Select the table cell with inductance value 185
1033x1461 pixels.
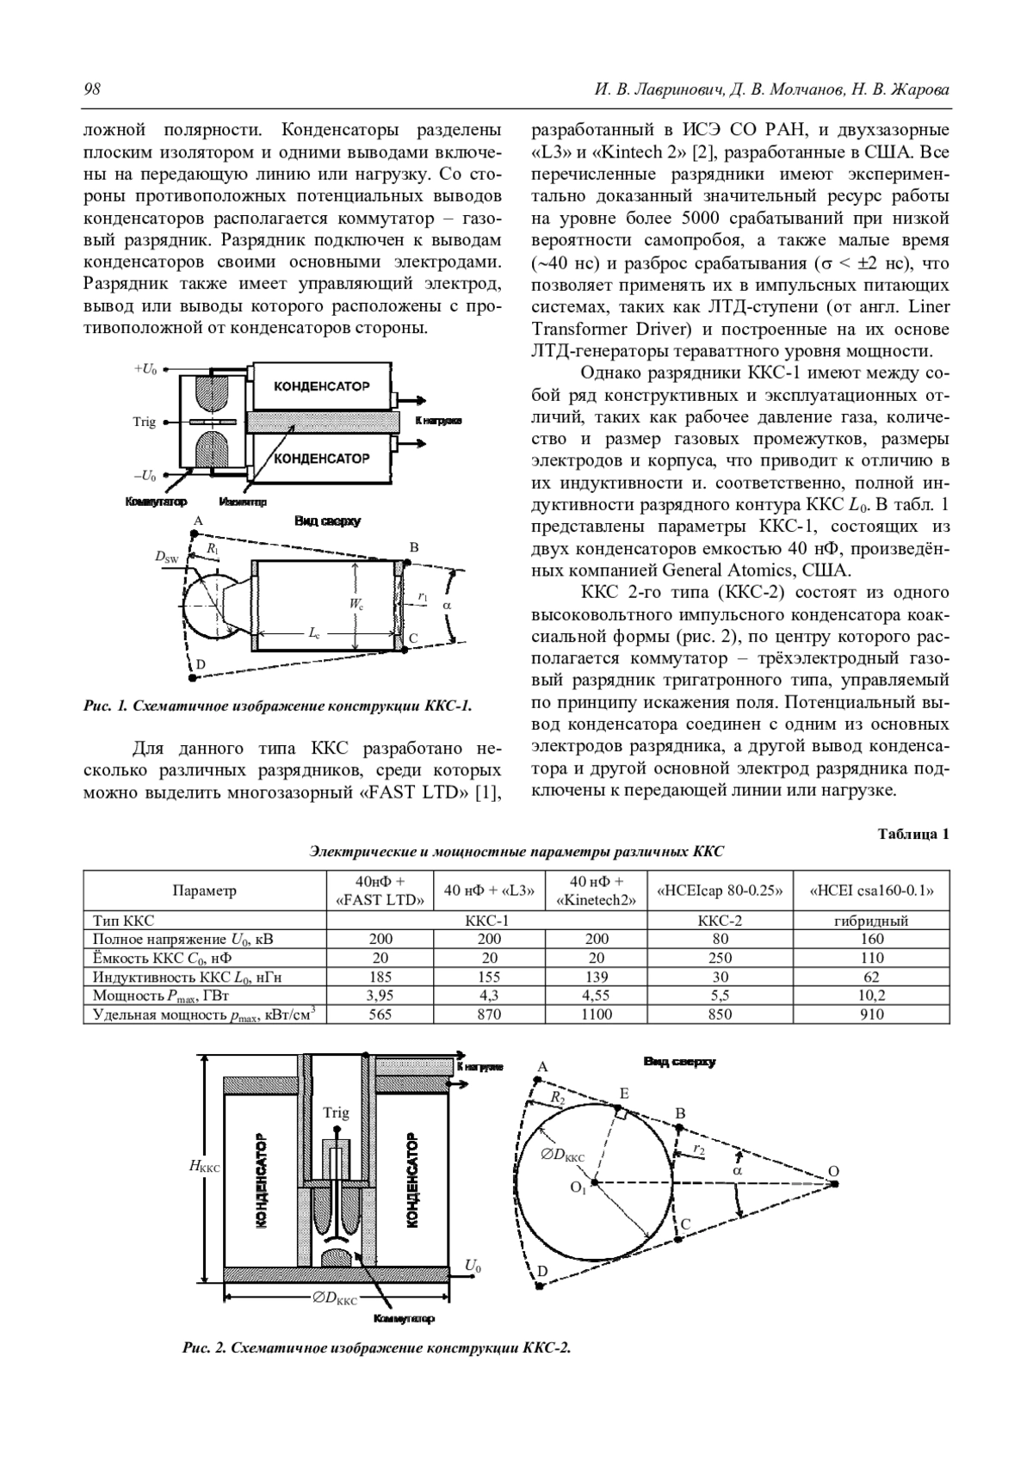[380, 977]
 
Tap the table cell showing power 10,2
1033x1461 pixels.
[871, 996]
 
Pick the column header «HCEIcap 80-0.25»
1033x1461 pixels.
[720, 891]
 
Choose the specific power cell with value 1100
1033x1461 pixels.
[596, 1014]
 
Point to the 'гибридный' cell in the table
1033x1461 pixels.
[871, 921]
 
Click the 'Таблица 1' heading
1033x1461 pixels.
[913, 834]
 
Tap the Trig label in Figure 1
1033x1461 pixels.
[145, 422]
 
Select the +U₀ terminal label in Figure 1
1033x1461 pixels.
[145, 368]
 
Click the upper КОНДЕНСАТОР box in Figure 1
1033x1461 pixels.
[321, 386]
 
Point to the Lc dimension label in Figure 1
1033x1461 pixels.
[315, 632]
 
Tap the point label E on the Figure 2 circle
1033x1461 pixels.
[624, 1094]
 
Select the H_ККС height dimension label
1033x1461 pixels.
[204, 1167]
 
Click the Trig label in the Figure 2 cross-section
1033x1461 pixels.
[336, 1113]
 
